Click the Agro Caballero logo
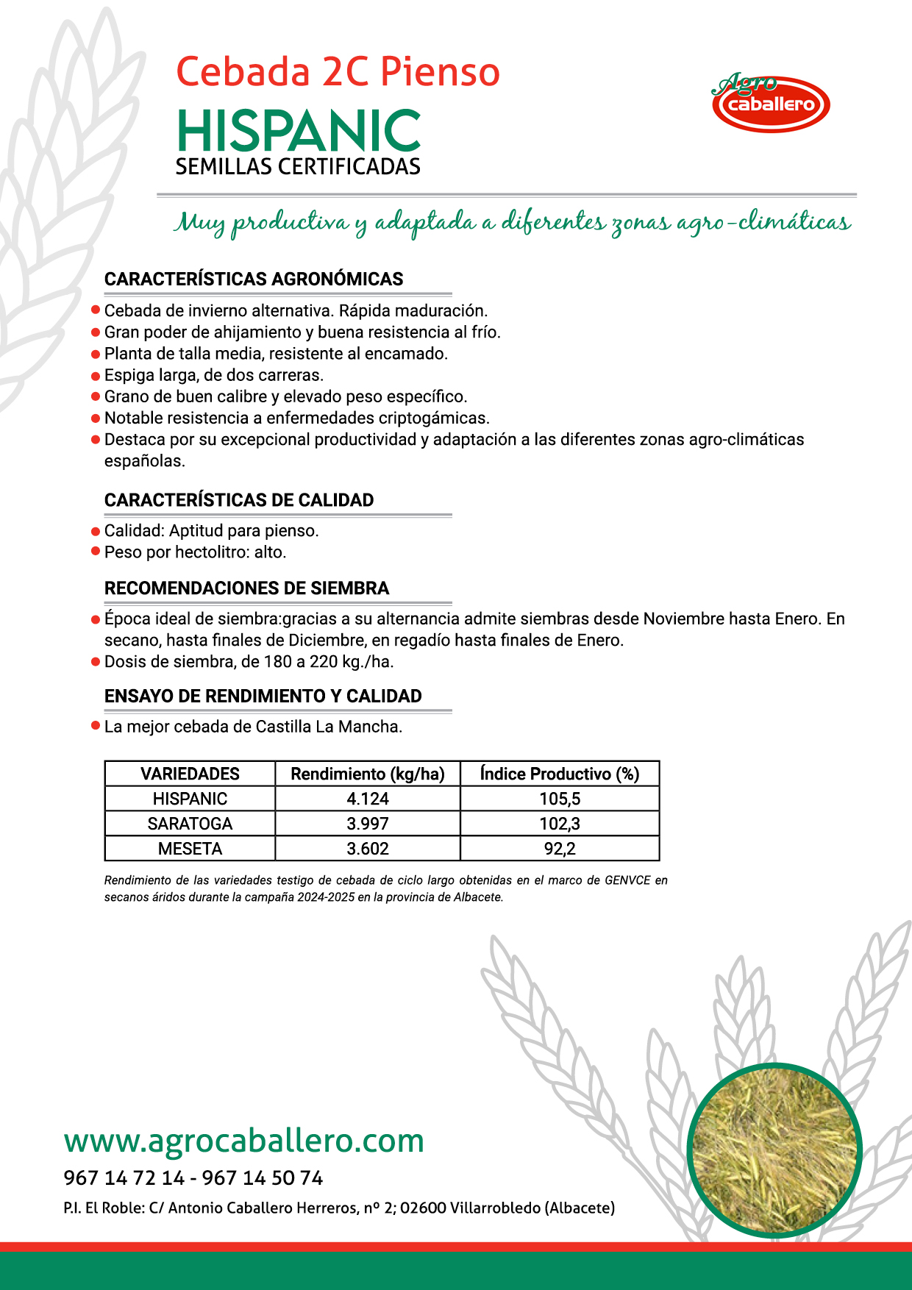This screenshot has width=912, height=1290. pyautogui.click(x=771, y=103)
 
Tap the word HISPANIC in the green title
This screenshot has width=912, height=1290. pyautogui.click(x=299, y=132)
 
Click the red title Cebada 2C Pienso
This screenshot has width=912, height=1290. pyautogui.click(x=338, y=72)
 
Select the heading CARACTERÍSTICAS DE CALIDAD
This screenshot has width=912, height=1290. pyautogui.click(x=239, y=500)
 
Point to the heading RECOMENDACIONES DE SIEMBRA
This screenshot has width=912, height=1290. pyautogui.click(x=246, y=588)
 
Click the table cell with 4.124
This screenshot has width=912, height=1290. pyautogui.click(x=368, y=799)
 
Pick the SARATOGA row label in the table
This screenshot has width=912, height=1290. pyautogui.click(x=190, y=824)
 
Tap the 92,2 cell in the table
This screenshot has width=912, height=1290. pyautogui.click(x=560, y=849)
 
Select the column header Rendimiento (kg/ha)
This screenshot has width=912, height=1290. pyautogui.click(x=368, y=774)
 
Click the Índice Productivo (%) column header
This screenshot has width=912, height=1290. pyautogui.click(x=560, y=774)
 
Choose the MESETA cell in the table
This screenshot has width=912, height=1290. pyautogui.click(x=190, y=849)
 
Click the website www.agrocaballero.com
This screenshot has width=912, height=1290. pyautogui.click(x=244, y=1141)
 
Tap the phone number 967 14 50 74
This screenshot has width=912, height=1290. pyautogui.click(x=263, y=1178)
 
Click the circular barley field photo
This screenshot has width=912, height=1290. pyautogui.click(x=774, y=1150)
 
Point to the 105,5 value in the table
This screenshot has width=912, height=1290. pyautogui.click(x=560, y=799)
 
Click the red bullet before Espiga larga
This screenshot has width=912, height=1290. pyautogui.click(x=95, y=376)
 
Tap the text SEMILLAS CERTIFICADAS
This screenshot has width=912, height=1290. pyautogui.click(x=298, y=167)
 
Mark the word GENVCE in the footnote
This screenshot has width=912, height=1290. pyautogui.click(x=627, y=880)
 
